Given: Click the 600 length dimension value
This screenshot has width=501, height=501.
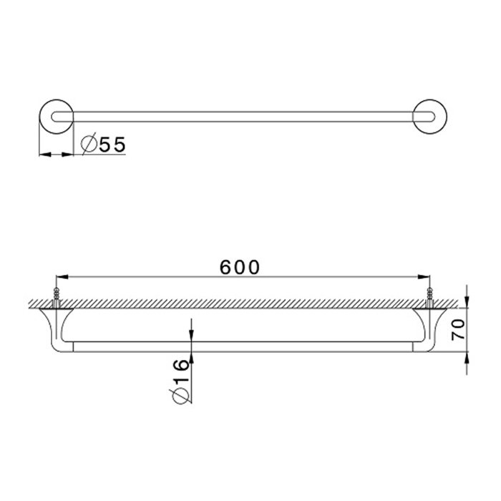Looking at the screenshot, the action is coord(240,268).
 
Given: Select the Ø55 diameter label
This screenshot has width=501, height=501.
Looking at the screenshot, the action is coord(103,144).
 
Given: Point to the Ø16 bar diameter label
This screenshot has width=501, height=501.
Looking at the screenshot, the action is coord(180,381).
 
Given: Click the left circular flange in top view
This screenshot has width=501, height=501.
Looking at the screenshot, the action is coord(39,117).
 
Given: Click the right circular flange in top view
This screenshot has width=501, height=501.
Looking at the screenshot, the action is coord(447,117).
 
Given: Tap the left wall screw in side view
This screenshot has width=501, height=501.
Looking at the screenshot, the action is coord(57,298).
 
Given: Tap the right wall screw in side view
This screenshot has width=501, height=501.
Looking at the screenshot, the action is coord(429,298).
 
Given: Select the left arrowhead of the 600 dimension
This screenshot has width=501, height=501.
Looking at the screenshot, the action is coord(62,277).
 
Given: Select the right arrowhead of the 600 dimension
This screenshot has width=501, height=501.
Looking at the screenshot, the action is coord(424,277).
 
